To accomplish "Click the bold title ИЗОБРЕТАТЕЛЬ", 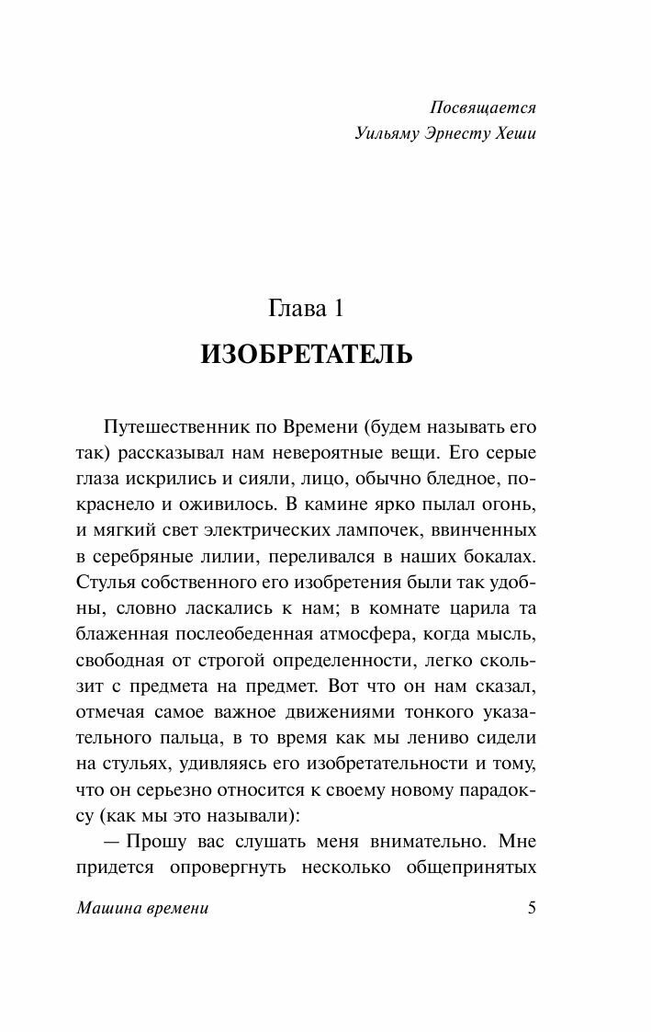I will pos(307,355).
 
